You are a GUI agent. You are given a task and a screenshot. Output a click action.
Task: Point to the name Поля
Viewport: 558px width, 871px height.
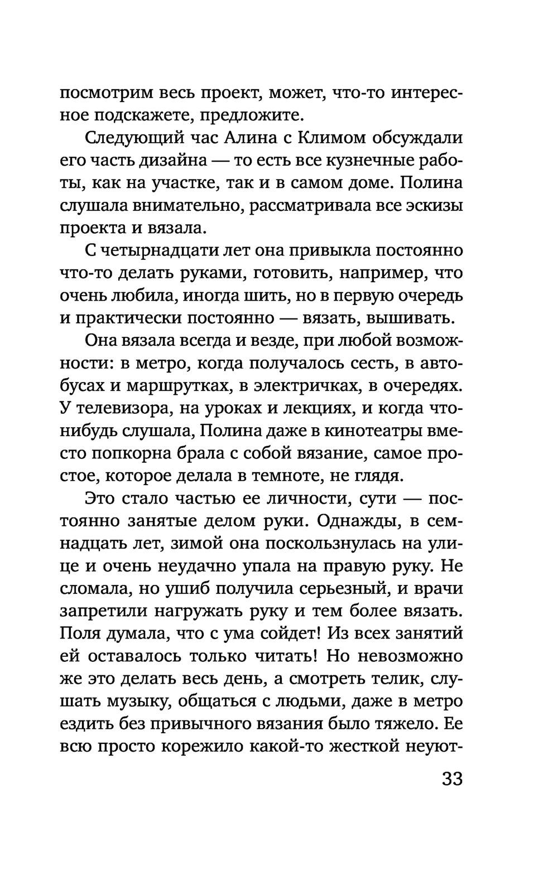click(79, 635)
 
